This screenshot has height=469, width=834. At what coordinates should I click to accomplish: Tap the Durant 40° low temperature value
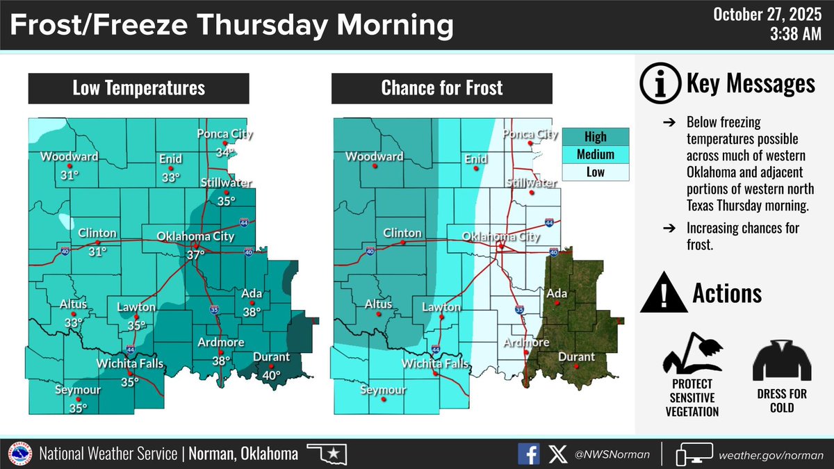click(271, 375)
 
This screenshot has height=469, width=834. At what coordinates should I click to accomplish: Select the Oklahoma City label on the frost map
click(501, 237)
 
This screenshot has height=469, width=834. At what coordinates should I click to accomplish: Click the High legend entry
click(595, 136)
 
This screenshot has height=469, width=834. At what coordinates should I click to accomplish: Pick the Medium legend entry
click(595, 154)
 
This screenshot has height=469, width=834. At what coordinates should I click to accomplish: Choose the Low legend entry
click(595, 172)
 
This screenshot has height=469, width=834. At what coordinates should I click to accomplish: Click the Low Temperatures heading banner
click(138, 88)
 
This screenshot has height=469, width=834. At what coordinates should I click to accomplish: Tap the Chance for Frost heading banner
click(441, 88)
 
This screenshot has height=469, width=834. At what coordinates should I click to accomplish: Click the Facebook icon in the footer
click(528, 454)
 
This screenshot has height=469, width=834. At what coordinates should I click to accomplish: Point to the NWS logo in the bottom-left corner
click(19, 454)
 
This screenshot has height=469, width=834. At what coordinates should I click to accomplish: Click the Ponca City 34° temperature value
click(222, 153)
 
